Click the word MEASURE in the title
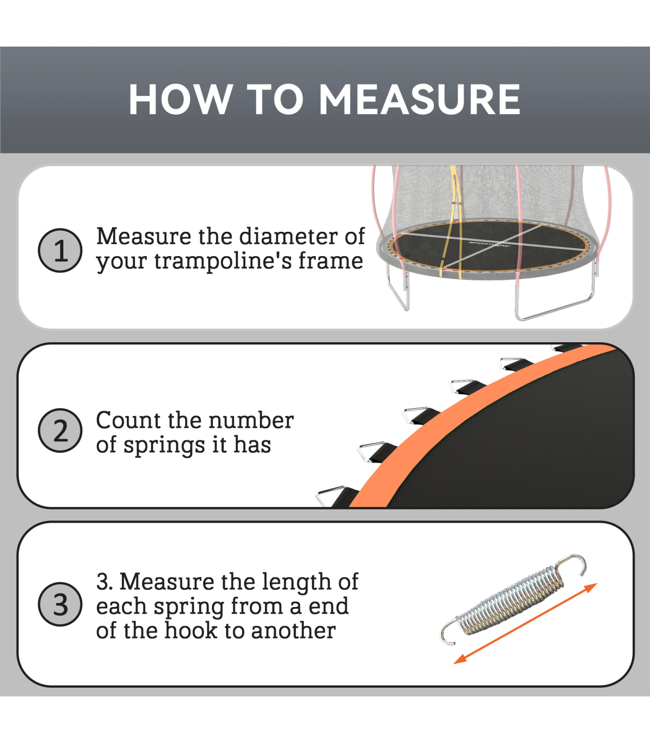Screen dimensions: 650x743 (x=419, y=99)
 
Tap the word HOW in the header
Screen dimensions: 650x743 (x=180, y=99)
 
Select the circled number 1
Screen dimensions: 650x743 (x=60, y=250)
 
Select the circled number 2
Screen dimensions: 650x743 (x=60, y=431)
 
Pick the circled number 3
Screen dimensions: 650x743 (x=60, y=604)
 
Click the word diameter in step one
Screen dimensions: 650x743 (x=289, y=237)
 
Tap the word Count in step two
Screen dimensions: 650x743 (x=128, y=421)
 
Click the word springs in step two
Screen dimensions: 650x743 (x=164, y=446)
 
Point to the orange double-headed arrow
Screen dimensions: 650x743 (x=525, y=623)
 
